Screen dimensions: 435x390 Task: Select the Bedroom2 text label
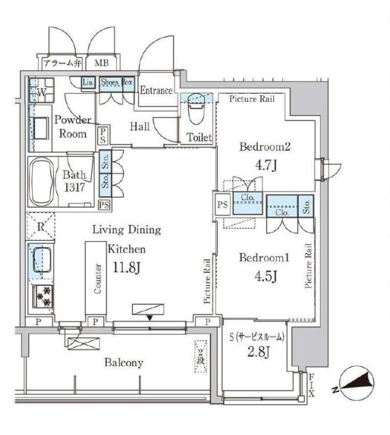click(265, 147)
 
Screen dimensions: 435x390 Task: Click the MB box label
click(102, 63)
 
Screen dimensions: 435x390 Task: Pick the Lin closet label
click(88, 82)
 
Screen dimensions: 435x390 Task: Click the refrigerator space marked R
click(40, 227)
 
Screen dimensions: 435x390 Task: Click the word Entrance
click(155, 91)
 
